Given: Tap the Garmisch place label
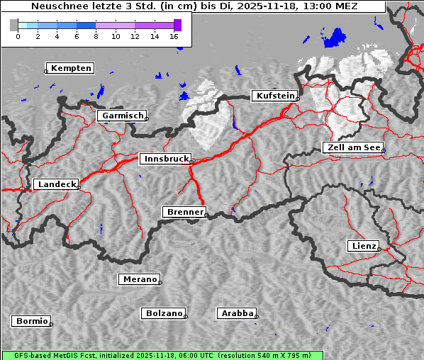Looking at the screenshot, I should [x=123, y=116].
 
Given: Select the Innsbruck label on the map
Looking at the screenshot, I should [x=164, y=159].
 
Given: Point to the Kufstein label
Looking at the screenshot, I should [x=274, y=96].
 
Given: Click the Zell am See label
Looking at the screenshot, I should [x=353, y=147].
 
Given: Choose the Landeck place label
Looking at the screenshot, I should [x=56, y=184].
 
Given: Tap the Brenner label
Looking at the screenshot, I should [x=184, y=212].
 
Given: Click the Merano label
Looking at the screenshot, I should [x=139, y=279].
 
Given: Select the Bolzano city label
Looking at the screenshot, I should [x=164, y=313].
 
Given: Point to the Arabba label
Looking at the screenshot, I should [x=236, y=313].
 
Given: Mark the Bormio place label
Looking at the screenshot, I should [x=31, y=321].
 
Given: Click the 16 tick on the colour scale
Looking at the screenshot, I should [x=174, y=35].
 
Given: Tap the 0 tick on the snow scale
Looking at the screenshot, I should [x=18, y=35].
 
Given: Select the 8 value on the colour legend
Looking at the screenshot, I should [x=96, y=35].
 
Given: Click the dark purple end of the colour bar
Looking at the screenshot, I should [x=177, y=25].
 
